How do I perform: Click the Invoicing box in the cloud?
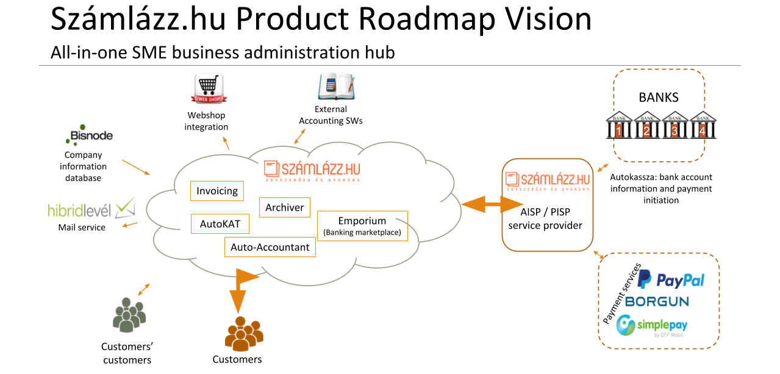click(217, 191)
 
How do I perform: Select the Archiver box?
click(284, 208)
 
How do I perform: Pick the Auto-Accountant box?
click(270, 247)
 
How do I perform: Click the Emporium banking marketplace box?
click(362, 226)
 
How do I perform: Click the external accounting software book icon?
click(335, 86)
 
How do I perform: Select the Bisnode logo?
click(89, 136)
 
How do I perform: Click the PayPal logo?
click(670, 280)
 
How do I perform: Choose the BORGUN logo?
click(657, 302)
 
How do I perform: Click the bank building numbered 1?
click(619, 125)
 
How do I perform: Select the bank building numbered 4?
click(703, 125)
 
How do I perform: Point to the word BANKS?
click(658, 97)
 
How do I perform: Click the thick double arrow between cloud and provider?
click(481, 204)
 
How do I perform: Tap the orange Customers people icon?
click(244, 334)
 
